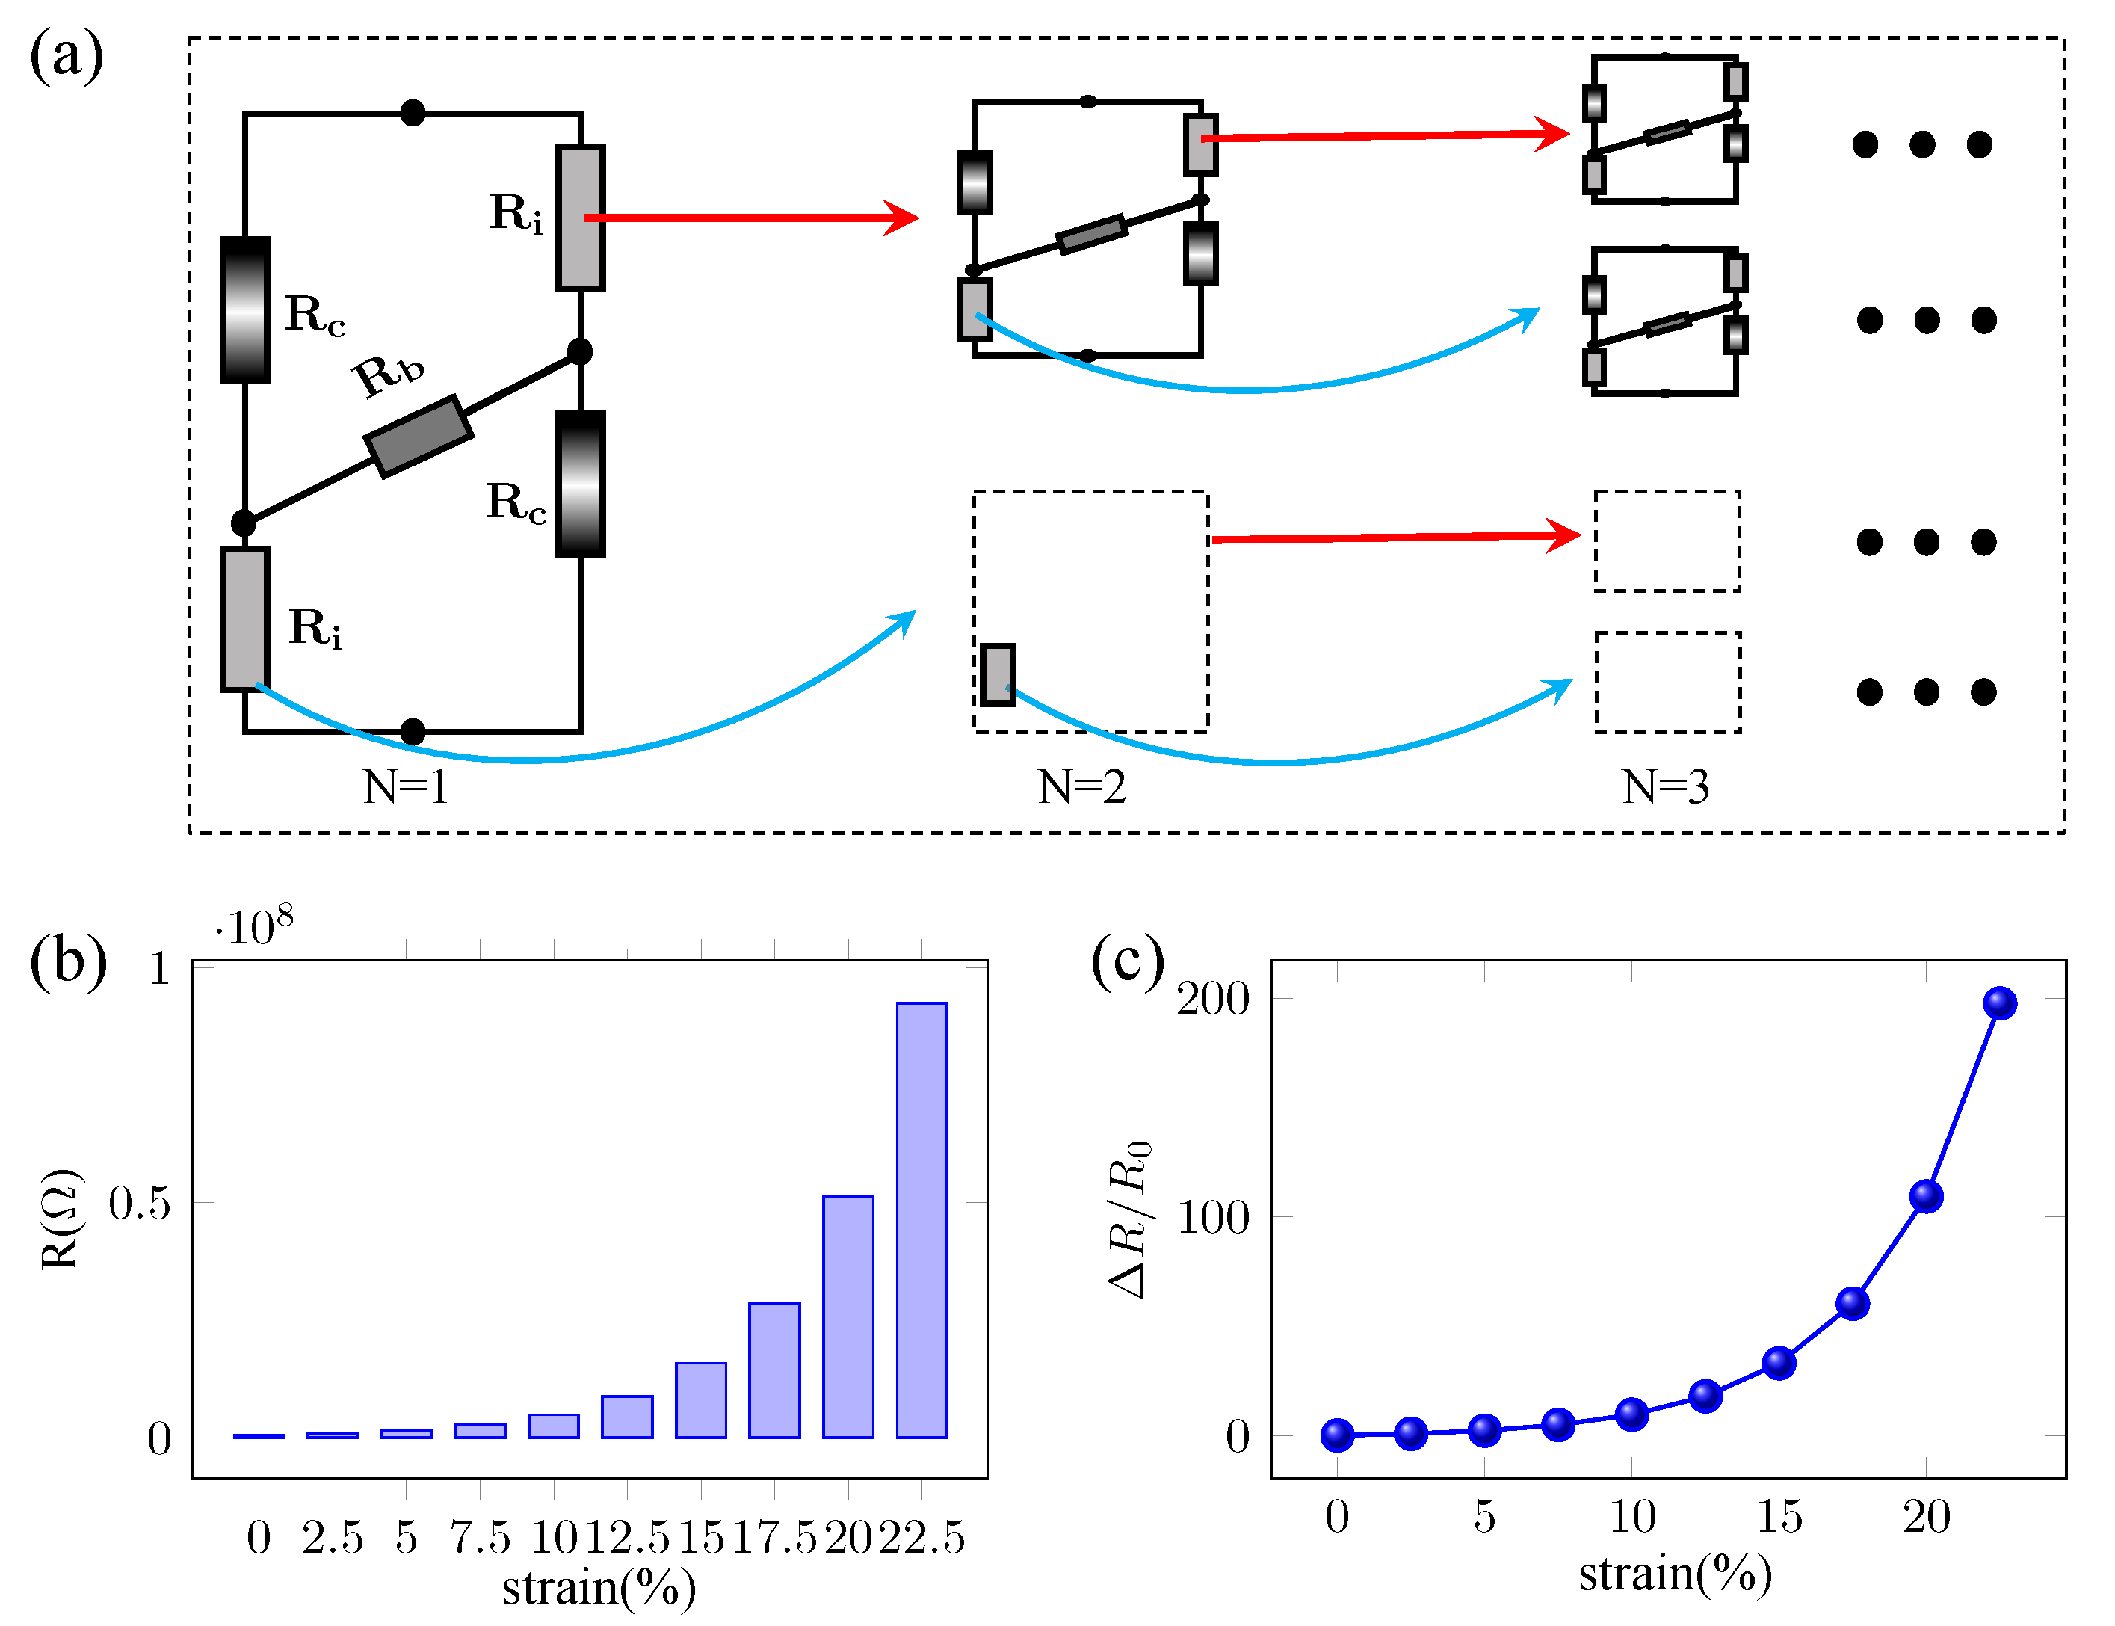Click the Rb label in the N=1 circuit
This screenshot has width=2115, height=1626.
click(388, 375)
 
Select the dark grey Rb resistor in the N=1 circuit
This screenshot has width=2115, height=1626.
click(418, 437)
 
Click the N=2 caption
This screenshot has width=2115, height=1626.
click(1081, 787)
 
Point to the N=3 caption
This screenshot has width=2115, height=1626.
click(1665, 787)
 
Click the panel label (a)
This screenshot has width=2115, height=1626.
click(66, 56)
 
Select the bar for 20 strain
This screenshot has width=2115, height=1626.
click(847, 1316)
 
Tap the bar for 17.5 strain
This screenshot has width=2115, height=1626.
click(774, 1370)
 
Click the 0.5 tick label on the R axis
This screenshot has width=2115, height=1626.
click(139, 1203)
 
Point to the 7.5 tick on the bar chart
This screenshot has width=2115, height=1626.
click(480, 1537)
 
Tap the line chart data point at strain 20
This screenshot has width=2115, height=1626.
click(1927, 1196)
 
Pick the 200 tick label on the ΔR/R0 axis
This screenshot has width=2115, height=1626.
click(1213, 999)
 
